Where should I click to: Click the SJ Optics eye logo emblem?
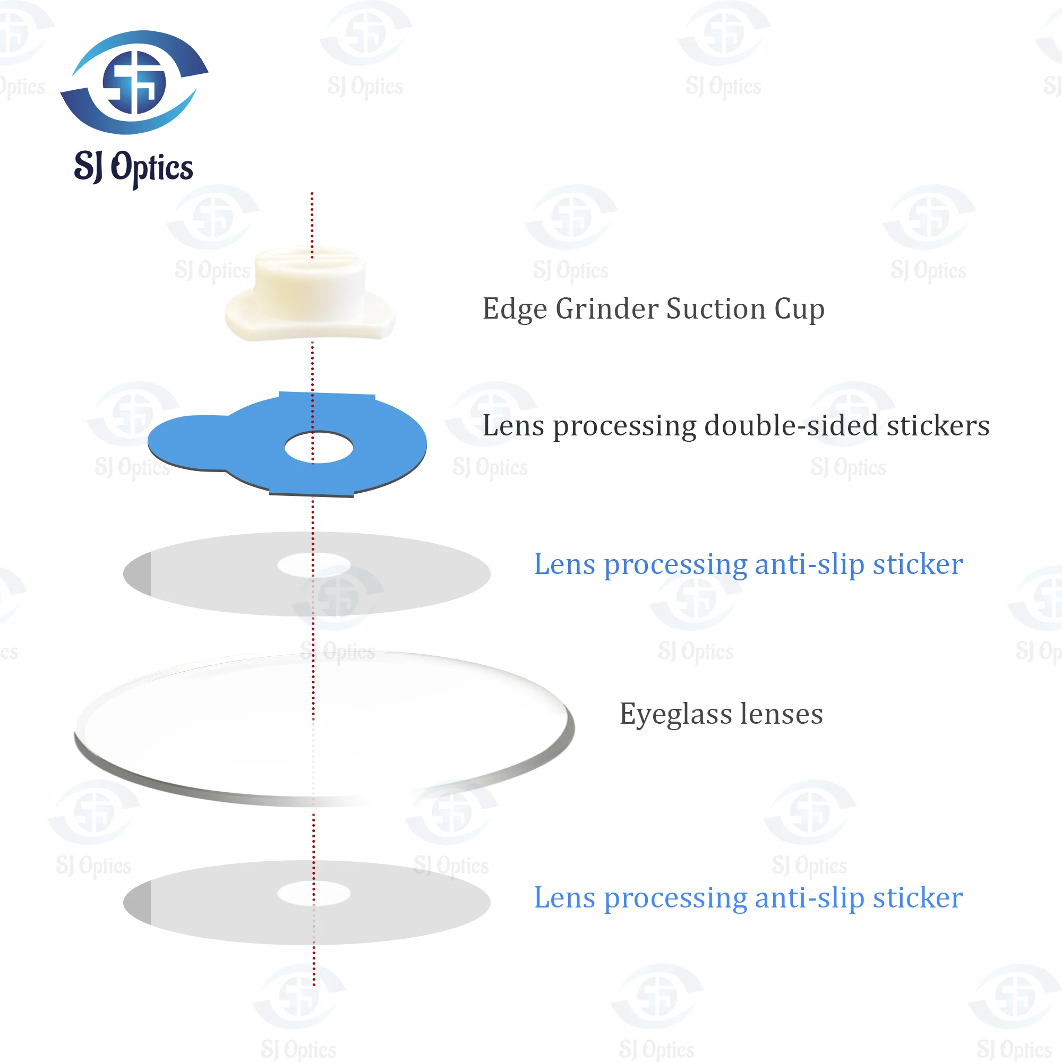(134, 82)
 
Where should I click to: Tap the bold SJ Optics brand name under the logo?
(134, 167)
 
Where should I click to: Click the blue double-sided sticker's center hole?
(319, 448)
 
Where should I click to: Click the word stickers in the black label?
(938, 426)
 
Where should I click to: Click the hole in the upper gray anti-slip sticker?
(314, 564)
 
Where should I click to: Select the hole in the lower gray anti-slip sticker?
(314, 893)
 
